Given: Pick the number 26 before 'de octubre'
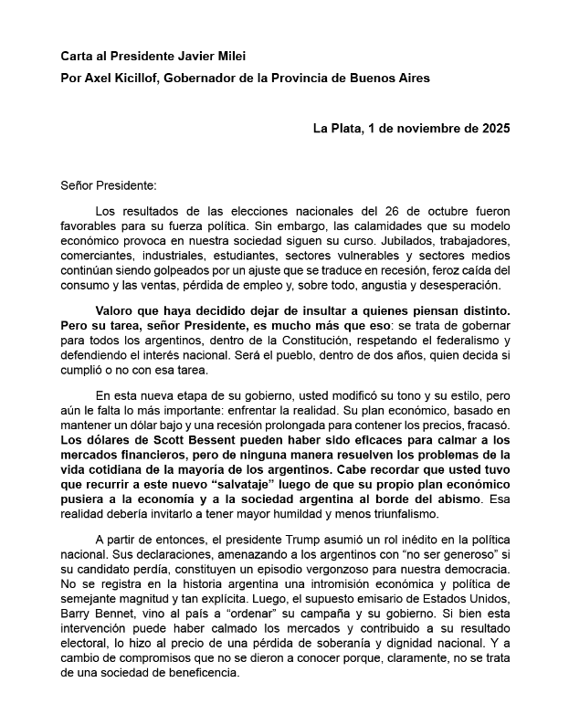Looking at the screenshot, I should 367,212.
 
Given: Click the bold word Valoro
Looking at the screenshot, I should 117,310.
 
